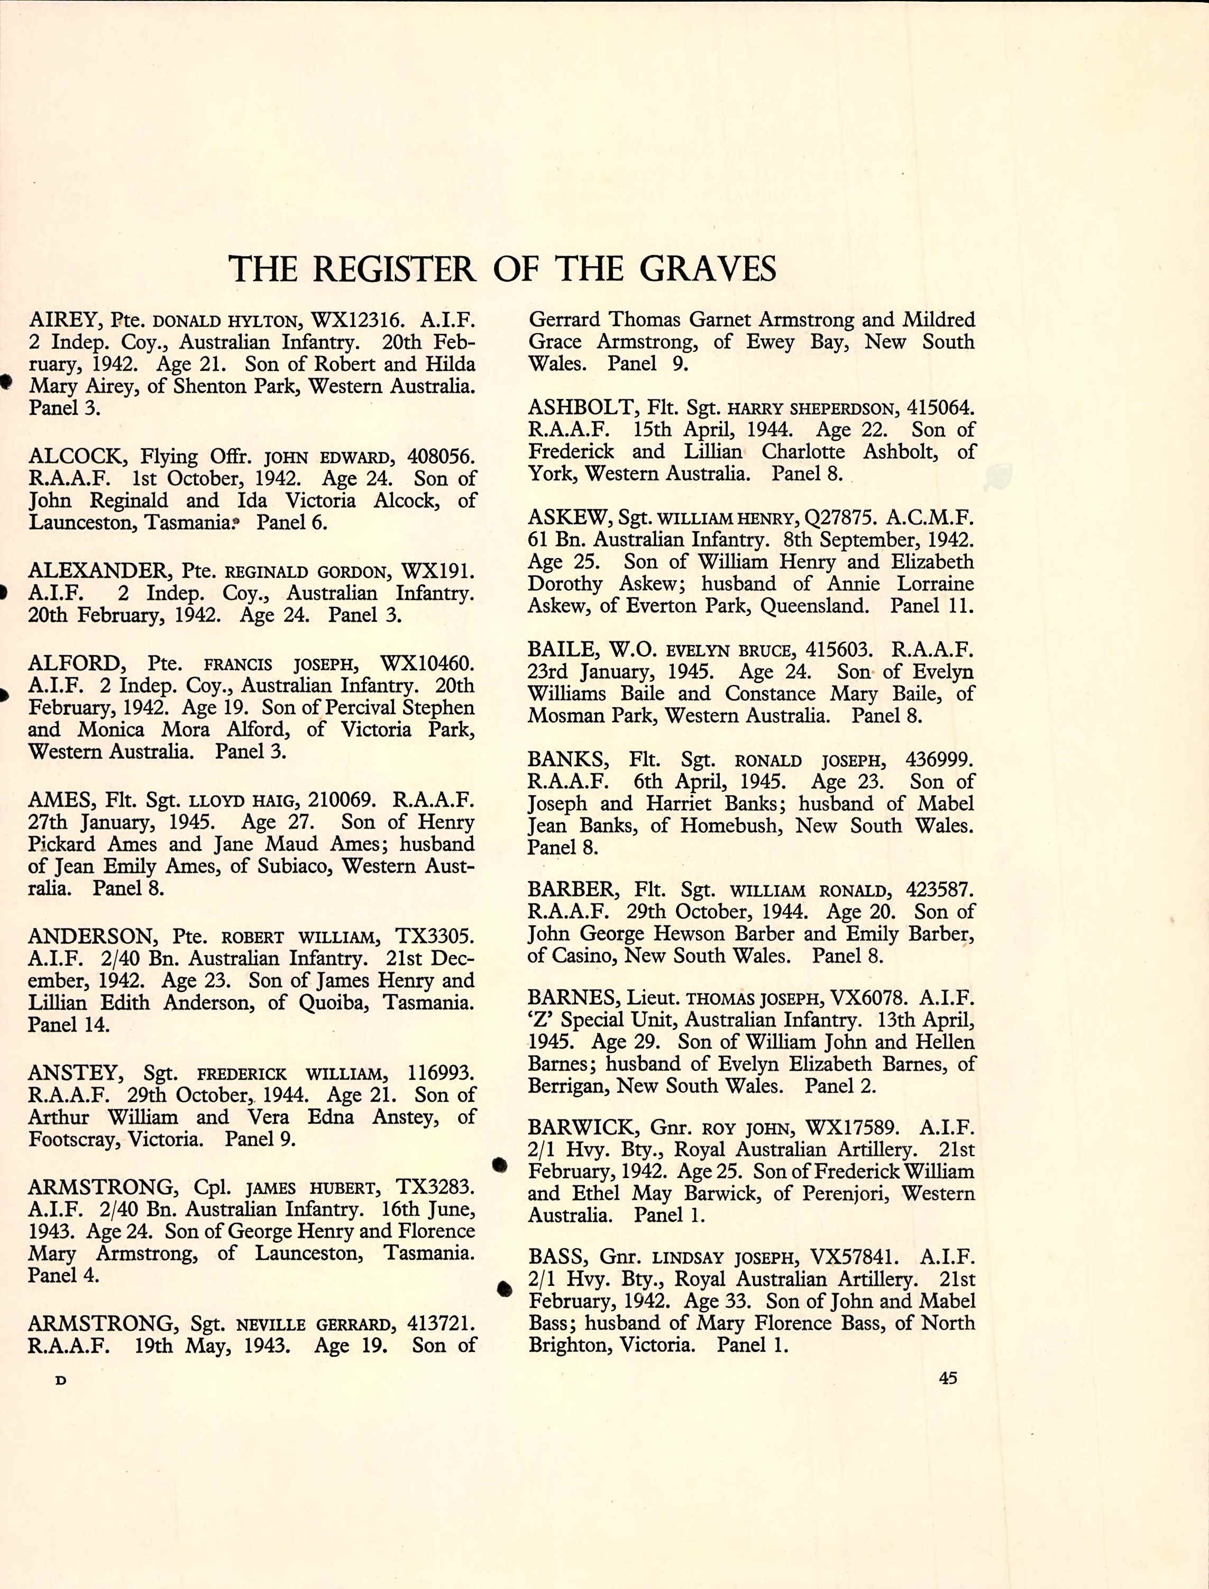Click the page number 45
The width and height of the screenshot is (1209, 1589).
[948, 1378]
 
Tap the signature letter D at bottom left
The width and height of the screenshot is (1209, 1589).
[60, 1381]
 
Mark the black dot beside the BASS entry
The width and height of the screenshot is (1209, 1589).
[505, 1289]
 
